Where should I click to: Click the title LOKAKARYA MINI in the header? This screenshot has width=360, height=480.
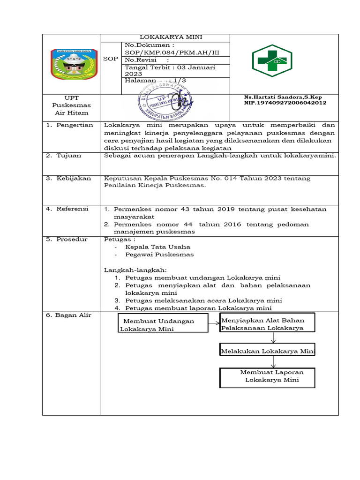[165, 37]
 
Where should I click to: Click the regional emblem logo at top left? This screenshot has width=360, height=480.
[71, 63]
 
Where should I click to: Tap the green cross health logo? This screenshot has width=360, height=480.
[271, 60]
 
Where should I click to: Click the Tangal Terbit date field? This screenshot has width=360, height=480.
[170, 70]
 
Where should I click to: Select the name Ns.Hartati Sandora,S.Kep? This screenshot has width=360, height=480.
[283, 97]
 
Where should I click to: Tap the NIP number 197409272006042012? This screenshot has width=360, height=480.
[285, 103]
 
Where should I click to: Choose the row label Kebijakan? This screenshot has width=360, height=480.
[71, 179]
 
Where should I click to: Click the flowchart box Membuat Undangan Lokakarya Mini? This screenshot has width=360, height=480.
[163, 325]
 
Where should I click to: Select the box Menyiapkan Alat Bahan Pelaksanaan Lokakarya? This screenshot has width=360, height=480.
[267, 324]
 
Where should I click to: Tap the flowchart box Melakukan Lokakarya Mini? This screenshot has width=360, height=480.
[267, 351]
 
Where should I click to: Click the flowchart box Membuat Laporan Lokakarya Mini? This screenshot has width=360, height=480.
[267, 377]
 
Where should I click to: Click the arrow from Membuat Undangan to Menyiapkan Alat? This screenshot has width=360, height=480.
[214, 323]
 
